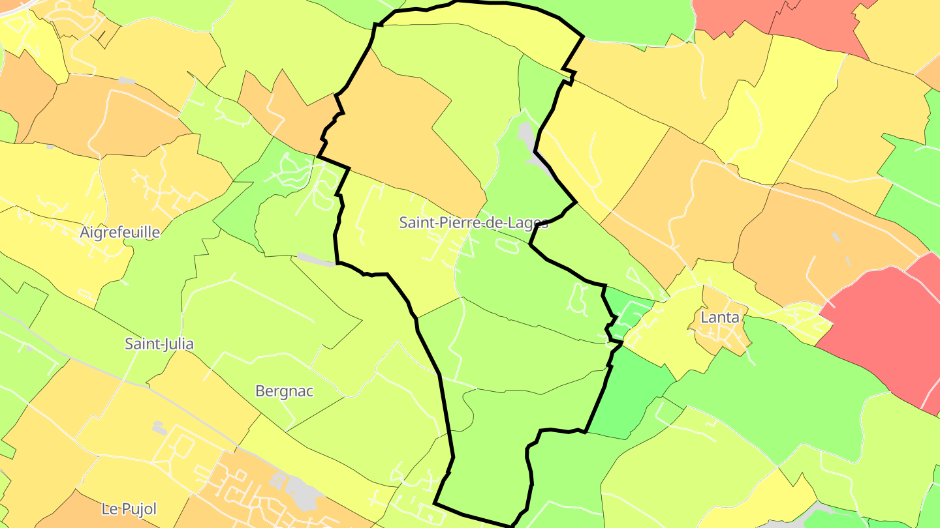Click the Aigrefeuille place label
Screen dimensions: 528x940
(x=119, y=232)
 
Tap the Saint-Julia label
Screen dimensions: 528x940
(x=159, y=344)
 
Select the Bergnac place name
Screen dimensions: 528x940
(x=284, y=391)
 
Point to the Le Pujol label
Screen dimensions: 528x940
(x=129, y=508)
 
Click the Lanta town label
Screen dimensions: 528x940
(x=719, y=317)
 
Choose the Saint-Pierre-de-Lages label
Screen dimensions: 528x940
(x=473, y=223)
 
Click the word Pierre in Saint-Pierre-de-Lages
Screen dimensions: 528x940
(x=458, y=223)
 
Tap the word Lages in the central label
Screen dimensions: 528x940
(x=529, y=223)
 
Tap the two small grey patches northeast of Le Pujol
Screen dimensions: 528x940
(x=159, y=428)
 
